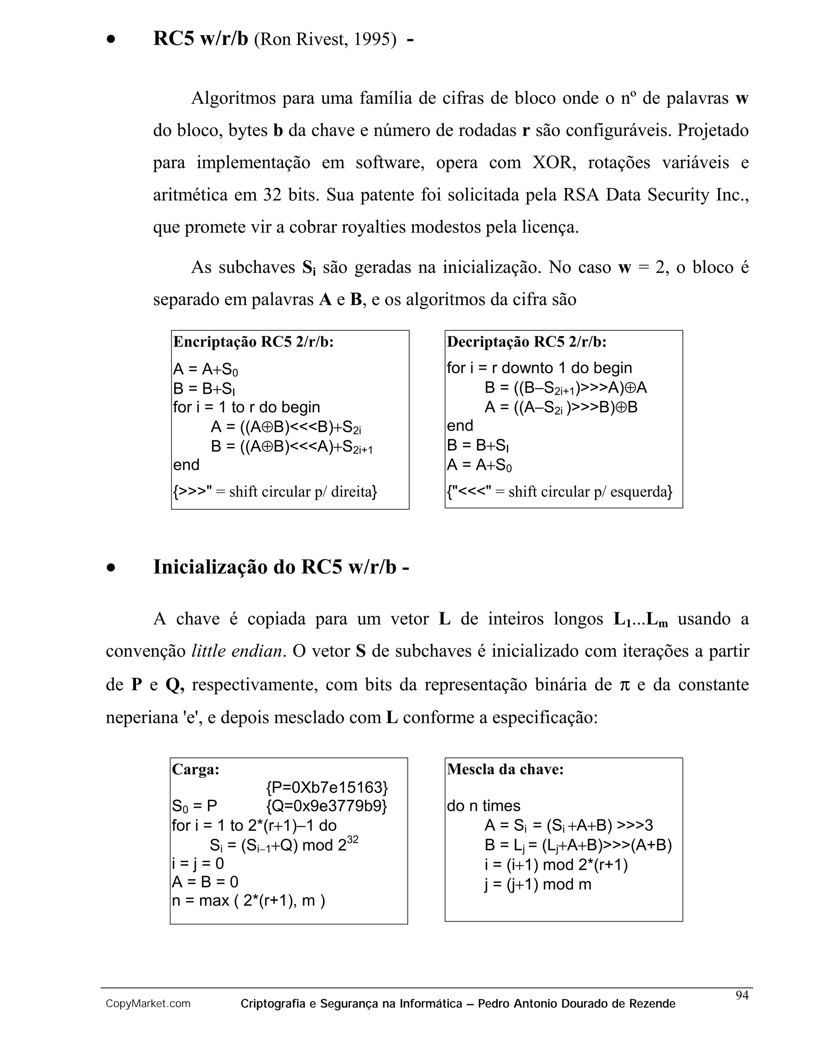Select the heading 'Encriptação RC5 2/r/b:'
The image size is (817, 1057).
click(254, 342)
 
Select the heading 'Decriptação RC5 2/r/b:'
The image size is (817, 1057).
click(527, 342)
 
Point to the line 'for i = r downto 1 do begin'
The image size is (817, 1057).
click(539, 368)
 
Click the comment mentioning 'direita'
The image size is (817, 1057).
click(275, 492)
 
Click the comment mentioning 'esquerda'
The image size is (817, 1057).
click(559, 492)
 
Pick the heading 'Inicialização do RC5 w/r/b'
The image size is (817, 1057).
click(281, 567)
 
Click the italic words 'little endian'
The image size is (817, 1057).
click(237, 651)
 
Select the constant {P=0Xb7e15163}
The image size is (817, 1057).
click(327, 787)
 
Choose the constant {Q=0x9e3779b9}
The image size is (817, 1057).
click(327, 806)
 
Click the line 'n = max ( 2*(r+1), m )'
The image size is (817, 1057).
click(248, 900)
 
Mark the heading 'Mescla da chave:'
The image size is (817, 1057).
click(505, 769)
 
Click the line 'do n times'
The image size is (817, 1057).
click(483, 806)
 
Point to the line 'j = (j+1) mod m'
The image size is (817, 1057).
click(538, 884)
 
